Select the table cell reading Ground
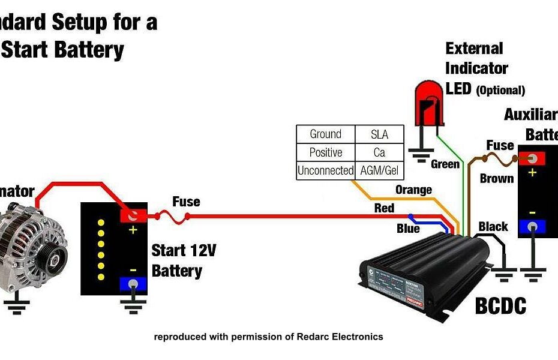325,134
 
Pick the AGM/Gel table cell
379,170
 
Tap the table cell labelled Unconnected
325,170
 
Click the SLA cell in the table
379,134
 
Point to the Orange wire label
413,190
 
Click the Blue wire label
408,229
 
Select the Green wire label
445,164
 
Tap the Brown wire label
497,178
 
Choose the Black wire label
493,226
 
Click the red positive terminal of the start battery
133,215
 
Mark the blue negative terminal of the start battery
133,284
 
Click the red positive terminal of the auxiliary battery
531,158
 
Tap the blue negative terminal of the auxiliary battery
531,226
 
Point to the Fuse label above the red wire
186,202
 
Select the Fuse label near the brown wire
500,145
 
